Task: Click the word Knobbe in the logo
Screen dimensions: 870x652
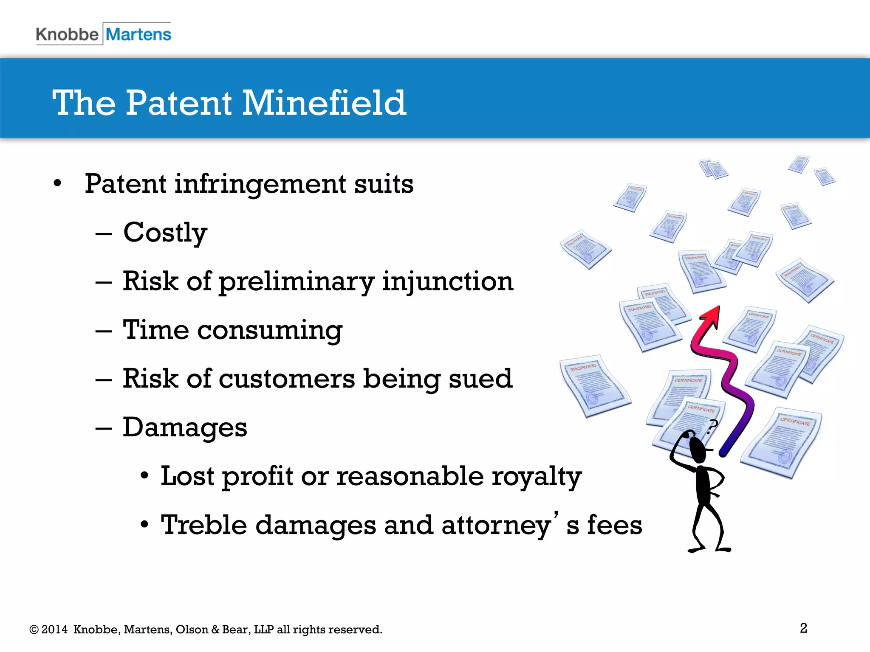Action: (67, 34)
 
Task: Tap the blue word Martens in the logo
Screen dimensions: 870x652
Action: (138, 34)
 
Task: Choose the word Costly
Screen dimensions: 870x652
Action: (165, 233)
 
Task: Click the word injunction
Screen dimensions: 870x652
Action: (448, 282)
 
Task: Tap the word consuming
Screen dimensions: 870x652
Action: (270, 330)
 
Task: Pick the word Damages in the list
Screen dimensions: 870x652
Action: (185, 427)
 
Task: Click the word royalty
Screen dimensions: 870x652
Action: (537, 477)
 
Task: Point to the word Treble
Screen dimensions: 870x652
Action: (204, 525)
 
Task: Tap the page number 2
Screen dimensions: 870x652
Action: (803, 628)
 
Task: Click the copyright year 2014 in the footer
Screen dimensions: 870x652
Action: (54, 630)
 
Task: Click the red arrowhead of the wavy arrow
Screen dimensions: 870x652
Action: (711, 316)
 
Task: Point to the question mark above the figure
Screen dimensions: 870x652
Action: (712, 426)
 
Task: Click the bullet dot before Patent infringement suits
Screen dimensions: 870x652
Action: (58, 184)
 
